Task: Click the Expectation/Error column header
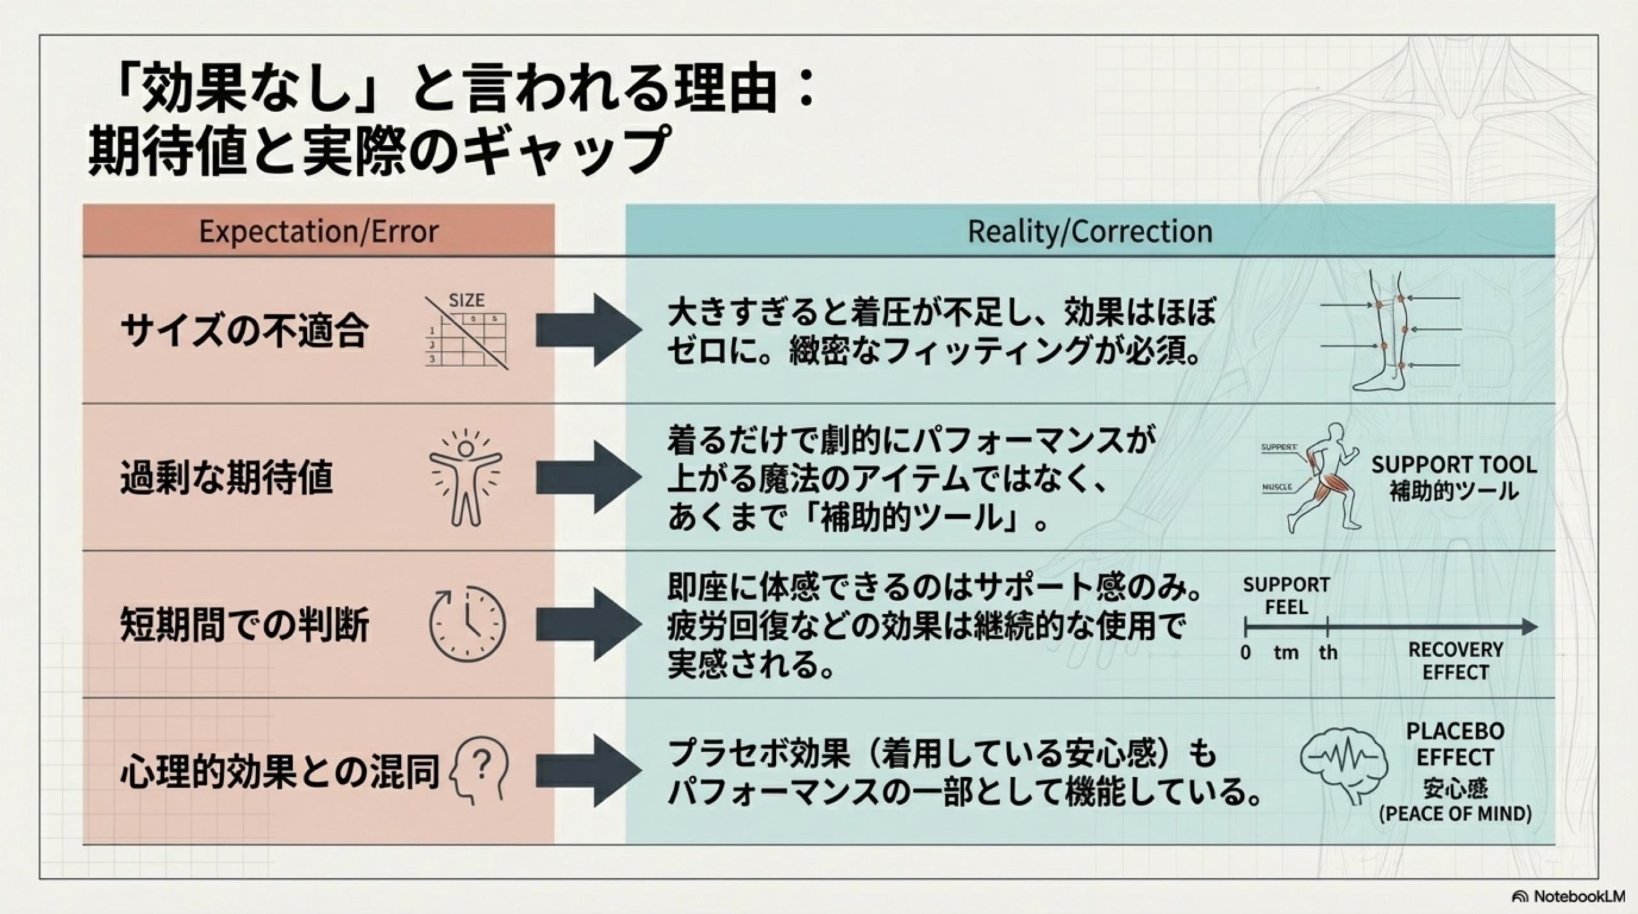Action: [319, 231]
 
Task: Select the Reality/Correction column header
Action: [1090, 231]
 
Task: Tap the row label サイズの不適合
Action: [244, 331]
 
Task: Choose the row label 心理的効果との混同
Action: [280, 771]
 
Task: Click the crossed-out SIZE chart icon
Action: [466, 333]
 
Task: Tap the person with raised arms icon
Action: [466, 477]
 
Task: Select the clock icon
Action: [467, 624]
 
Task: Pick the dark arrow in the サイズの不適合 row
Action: [587, 330]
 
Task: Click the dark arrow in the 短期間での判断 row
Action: [587, 624]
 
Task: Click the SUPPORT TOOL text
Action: [1454, 465]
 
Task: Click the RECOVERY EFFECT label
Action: [1455, 661]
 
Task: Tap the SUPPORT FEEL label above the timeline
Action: [1286, 595]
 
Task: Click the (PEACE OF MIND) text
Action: [1455, 814]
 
